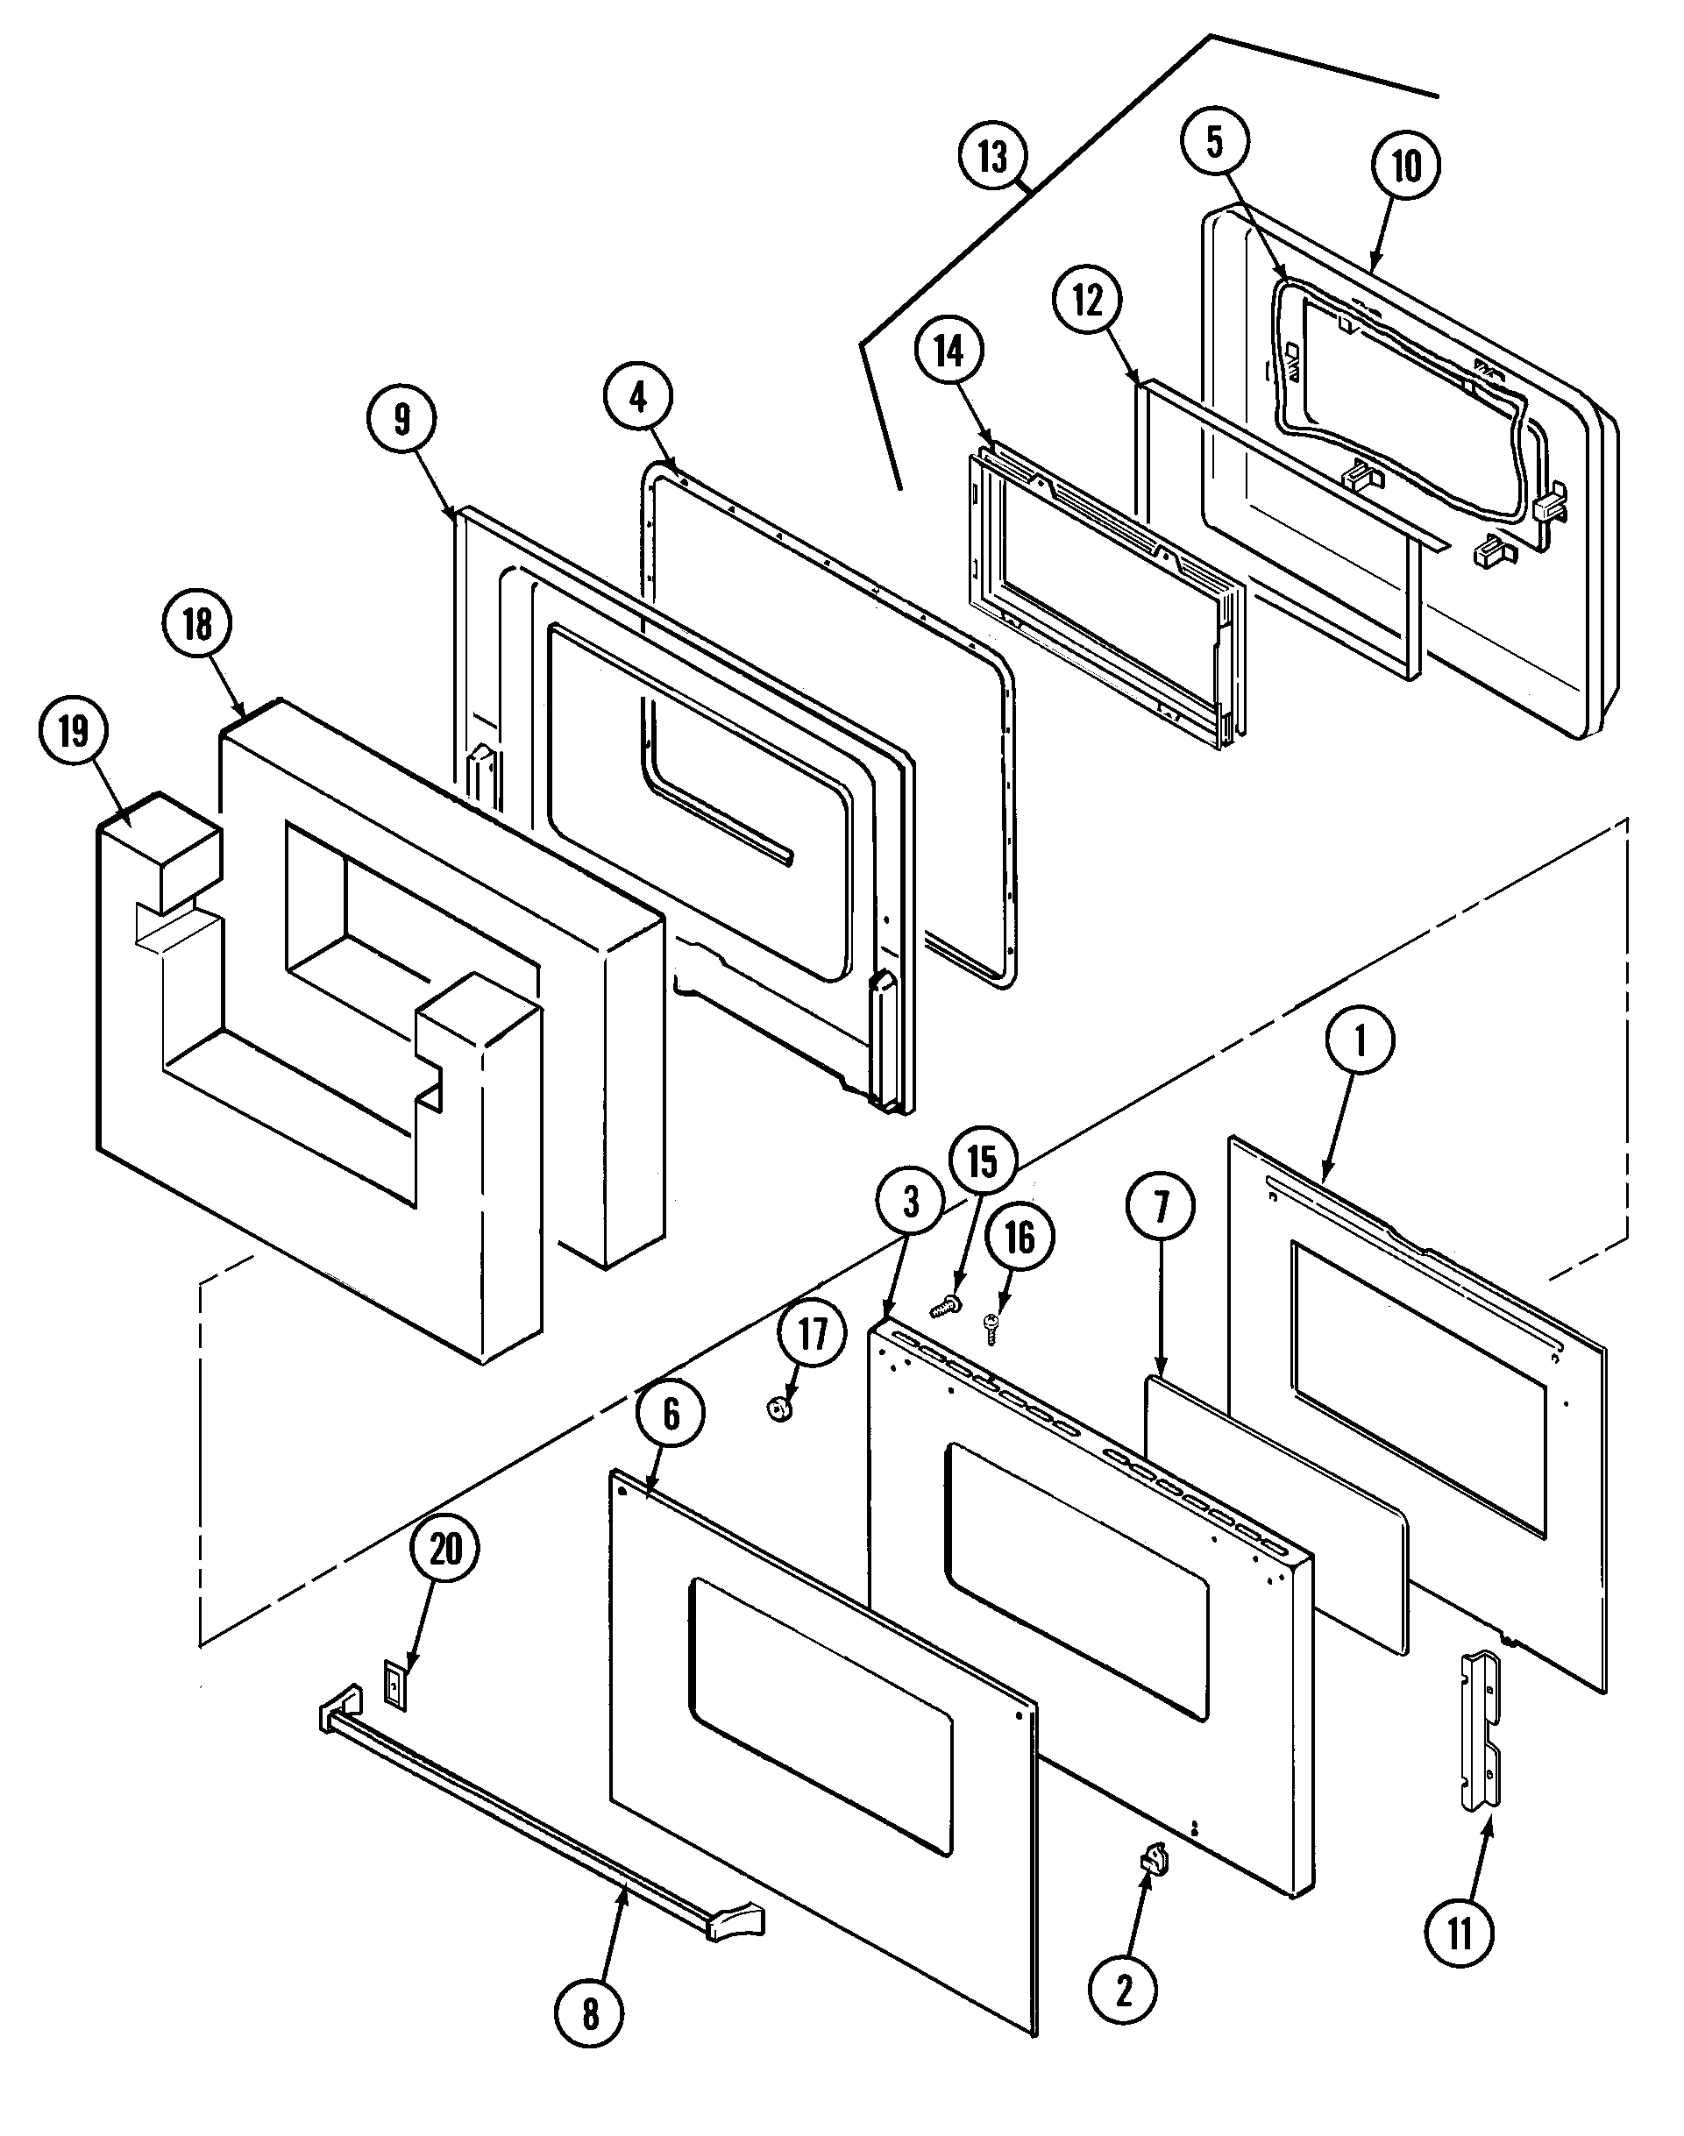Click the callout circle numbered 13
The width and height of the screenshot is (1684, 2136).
point(993,157)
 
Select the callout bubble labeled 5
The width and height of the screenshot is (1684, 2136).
point(1215,142)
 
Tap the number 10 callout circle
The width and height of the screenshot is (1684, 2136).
point(1406,165)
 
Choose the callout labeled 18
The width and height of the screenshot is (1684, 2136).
point(197,623)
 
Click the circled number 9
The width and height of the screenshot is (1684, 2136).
point(401,419)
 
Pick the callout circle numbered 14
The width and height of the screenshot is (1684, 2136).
point(949,351)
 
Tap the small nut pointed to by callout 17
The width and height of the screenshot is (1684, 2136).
point(780,1410)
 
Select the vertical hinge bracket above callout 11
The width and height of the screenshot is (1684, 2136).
point(1480,1732)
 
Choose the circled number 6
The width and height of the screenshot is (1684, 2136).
point(671,1415)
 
